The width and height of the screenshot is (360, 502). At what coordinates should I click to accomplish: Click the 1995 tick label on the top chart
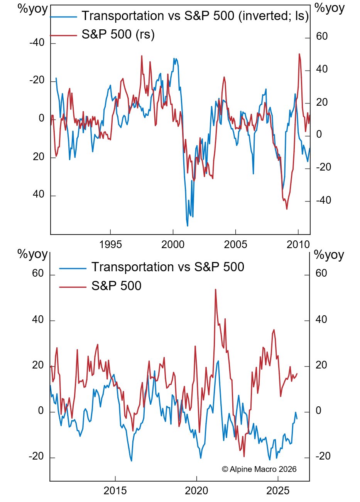[x=110, y=244]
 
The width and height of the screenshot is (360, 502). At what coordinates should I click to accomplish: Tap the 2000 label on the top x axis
[x=173, y=244]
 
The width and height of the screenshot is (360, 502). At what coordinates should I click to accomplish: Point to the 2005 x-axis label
[x=235, y=244]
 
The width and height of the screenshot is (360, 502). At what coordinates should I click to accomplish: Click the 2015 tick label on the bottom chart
[x=115, y=491]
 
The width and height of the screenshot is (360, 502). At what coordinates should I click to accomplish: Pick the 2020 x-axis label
[x=196, y=491]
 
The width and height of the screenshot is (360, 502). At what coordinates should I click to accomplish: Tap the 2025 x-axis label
[x=278, y=491]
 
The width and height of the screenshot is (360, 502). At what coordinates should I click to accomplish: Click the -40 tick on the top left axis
[x=37, y=43]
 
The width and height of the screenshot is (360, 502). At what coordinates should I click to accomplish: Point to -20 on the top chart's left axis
[x=37, y=81]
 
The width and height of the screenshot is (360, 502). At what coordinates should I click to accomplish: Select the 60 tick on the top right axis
[x=322, y=37]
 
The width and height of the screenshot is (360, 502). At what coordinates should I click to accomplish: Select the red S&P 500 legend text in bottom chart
[x=116, y=286]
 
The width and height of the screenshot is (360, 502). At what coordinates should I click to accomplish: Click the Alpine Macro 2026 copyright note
[x=259, y=469]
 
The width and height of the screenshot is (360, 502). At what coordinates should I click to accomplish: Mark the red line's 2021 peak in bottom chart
[x=215, y=289]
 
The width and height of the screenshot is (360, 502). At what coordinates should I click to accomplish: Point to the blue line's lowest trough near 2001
[x=188, y=226]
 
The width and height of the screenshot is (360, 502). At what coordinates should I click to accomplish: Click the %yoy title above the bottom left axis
[x=33, y=255]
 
